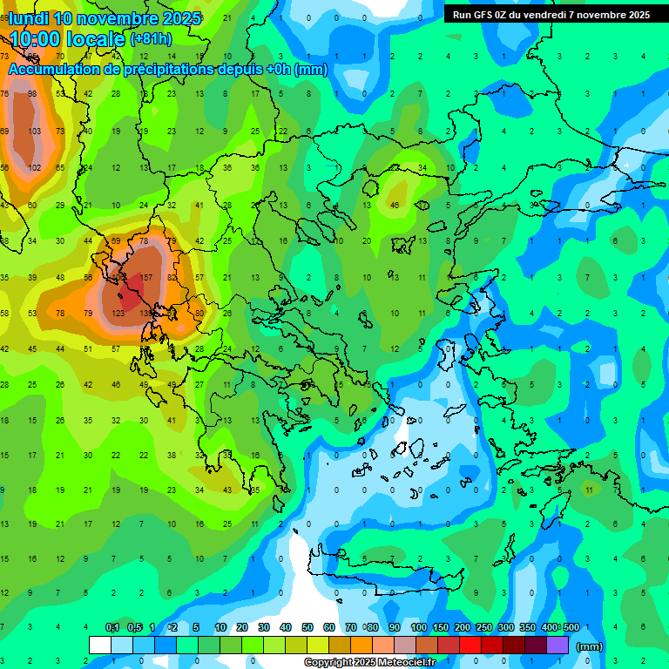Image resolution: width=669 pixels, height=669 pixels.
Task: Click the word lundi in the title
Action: pos(30,18)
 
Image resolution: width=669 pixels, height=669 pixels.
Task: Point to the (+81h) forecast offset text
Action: pos(150,39)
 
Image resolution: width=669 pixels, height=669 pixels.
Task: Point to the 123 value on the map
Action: pos(118,312)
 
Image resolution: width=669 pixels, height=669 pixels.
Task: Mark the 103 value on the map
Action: pos(34,131)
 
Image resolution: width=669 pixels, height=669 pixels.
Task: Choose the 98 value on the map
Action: pos(32,93)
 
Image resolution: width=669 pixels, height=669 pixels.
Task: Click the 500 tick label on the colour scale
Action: pos(571,627)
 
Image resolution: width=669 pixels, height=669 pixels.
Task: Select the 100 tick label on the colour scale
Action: pos(418,627)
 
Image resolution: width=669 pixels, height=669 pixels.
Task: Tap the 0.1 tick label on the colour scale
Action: pos(112,627)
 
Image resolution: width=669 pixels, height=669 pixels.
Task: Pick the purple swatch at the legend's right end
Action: pos(558,645)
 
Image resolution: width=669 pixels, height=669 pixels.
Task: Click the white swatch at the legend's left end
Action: pos(100,645)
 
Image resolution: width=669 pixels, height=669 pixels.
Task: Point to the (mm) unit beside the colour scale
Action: pos(590,646)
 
